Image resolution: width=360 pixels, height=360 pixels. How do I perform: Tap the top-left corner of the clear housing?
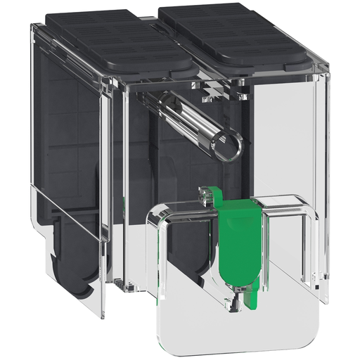tap(34, 25)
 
